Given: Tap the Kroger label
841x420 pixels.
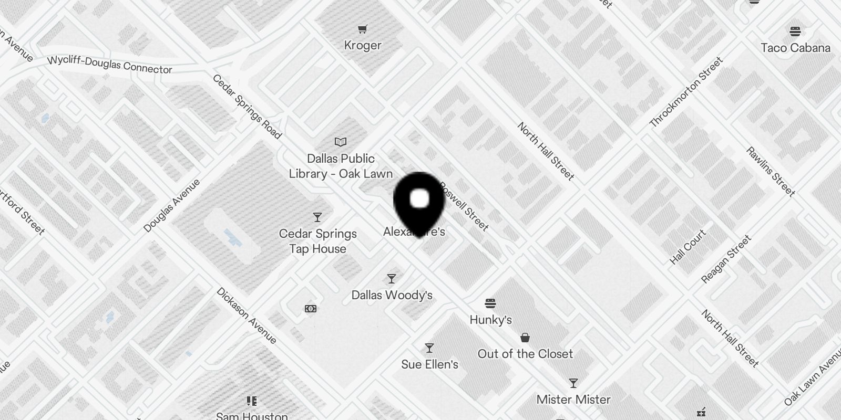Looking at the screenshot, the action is tap(362, 46).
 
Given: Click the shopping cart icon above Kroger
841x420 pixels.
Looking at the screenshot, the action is tap(362, 29).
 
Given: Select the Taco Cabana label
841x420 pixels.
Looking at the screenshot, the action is tap(795, 48).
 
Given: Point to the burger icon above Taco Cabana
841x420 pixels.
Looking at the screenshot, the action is tap(795, 31).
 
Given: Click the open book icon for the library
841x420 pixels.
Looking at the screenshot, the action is tap(341, 142).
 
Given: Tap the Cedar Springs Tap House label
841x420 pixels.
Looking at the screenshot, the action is tap(318, 241).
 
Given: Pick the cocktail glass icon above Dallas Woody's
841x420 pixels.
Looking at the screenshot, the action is tap(392, 278).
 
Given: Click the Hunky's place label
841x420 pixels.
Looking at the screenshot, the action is tap(490, 320).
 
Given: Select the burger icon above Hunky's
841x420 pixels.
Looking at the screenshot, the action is tap(490, 303).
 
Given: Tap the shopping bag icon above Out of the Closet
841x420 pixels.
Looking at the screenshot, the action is tap(525, 337).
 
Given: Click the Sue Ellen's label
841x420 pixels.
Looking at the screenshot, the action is tap(429, 364).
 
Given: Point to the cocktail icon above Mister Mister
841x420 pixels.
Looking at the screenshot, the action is tap(573, 383).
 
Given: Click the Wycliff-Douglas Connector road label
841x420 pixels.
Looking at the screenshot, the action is tap(110, 65).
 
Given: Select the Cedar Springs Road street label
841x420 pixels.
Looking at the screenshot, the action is tap(247, 107).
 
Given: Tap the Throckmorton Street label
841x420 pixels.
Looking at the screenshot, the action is tap(686, 92).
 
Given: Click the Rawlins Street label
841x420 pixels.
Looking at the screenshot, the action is tap(771, 172).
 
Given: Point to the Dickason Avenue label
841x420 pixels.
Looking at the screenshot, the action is tap(247, 316).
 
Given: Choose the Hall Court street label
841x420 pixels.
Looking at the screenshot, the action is tap(688, 247).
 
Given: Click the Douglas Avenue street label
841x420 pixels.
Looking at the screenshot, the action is tap(172, 205).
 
